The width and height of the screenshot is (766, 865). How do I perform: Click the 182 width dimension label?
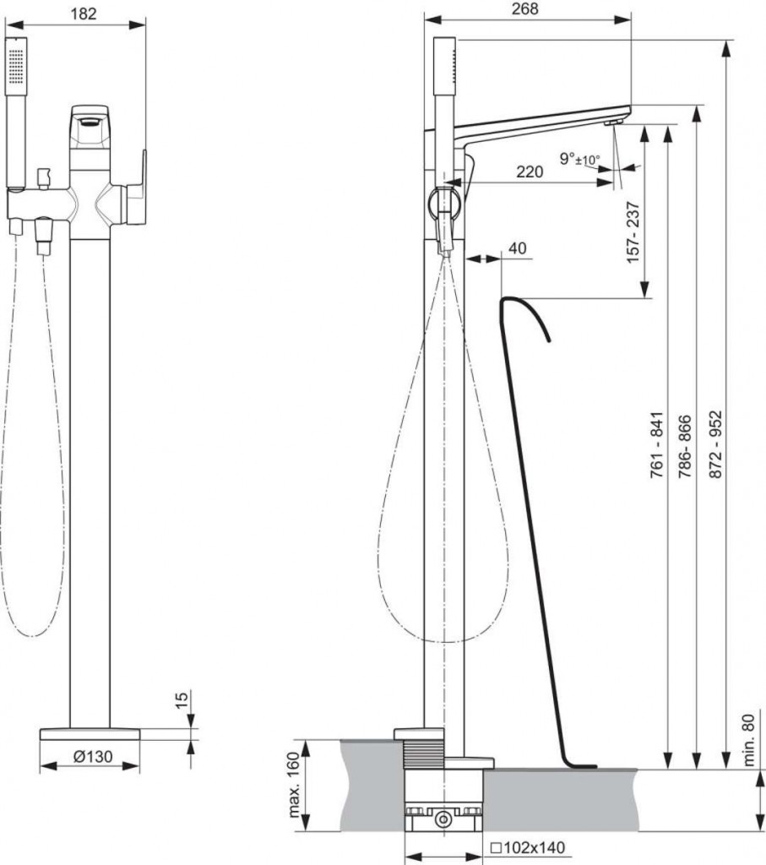click(84, 13)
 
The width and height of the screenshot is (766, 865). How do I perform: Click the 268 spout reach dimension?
click(524, 8)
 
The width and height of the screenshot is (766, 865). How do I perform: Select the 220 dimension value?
click(530, 171)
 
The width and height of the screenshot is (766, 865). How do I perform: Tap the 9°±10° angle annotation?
click(579, 160)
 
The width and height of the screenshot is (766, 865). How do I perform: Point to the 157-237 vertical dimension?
click(633, 232)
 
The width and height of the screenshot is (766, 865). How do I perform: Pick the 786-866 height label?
click(684, 446)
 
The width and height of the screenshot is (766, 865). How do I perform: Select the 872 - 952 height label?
click(714, 444)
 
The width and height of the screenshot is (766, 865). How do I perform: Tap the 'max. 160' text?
click(293, 785)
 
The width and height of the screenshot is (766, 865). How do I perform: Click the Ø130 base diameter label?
click(93, 756)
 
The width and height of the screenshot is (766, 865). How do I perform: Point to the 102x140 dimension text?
click(528, 847)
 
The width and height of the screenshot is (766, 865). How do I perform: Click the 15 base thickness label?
click(181, 699)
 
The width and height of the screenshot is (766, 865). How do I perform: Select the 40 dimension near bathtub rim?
click(517, 248)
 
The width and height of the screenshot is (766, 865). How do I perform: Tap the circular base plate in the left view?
click(90, 734)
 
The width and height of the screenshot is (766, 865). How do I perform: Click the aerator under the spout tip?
click(613, 122)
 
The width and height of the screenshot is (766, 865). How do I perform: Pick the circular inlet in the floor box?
click(443, 819)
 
